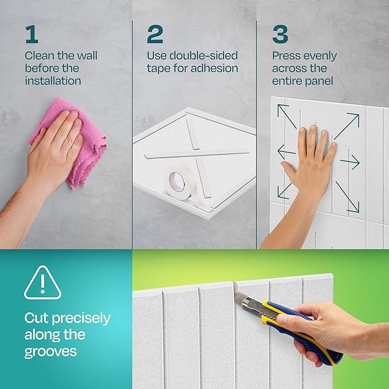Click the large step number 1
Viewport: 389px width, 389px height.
pos(32,34)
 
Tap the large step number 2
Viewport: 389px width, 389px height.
pos(155,34)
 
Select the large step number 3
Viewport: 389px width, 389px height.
pos(280,34)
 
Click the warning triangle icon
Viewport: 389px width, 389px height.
pos(42,283)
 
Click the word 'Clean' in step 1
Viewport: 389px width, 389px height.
pos(39,56)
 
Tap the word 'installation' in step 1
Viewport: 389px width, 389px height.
pos(53,81)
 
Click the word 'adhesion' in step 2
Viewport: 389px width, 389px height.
pos(216,69)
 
